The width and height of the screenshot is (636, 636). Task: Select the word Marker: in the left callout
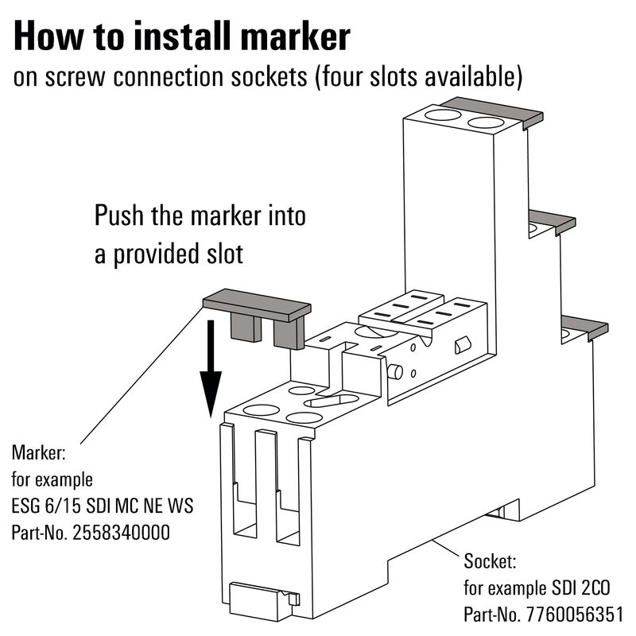(x=39, y=454)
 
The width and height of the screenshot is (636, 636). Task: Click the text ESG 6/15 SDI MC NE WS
(x=103, y=506)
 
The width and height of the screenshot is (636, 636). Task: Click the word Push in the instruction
(x=118, y=216)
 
